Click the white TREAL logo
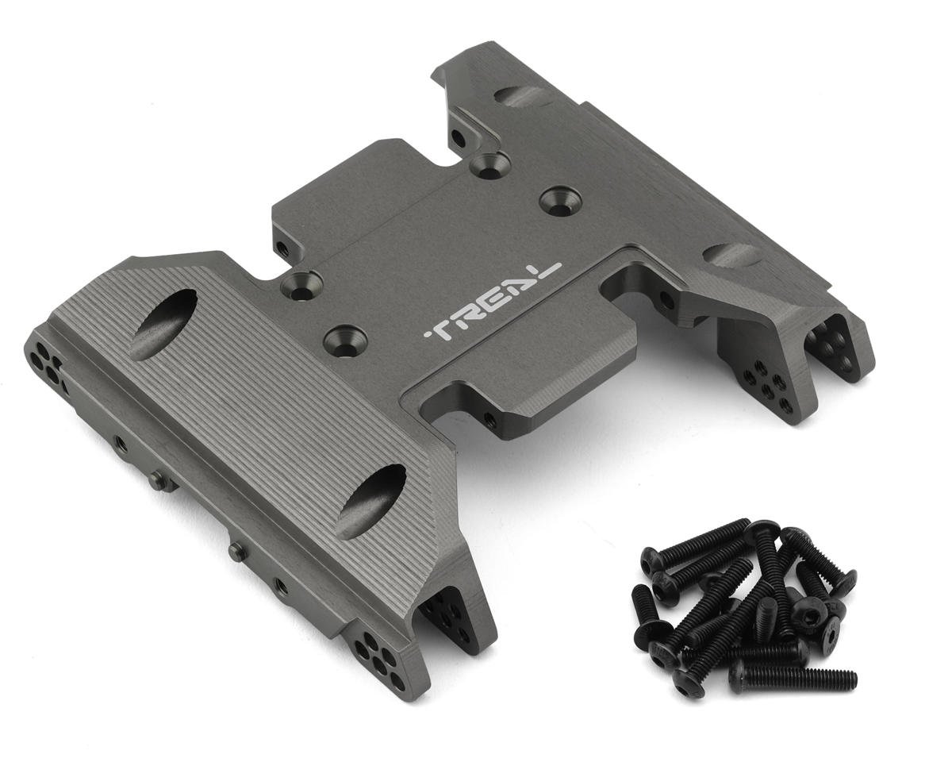(x=493, y=304)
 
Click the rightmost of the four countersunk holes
(x=559, y=202)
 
